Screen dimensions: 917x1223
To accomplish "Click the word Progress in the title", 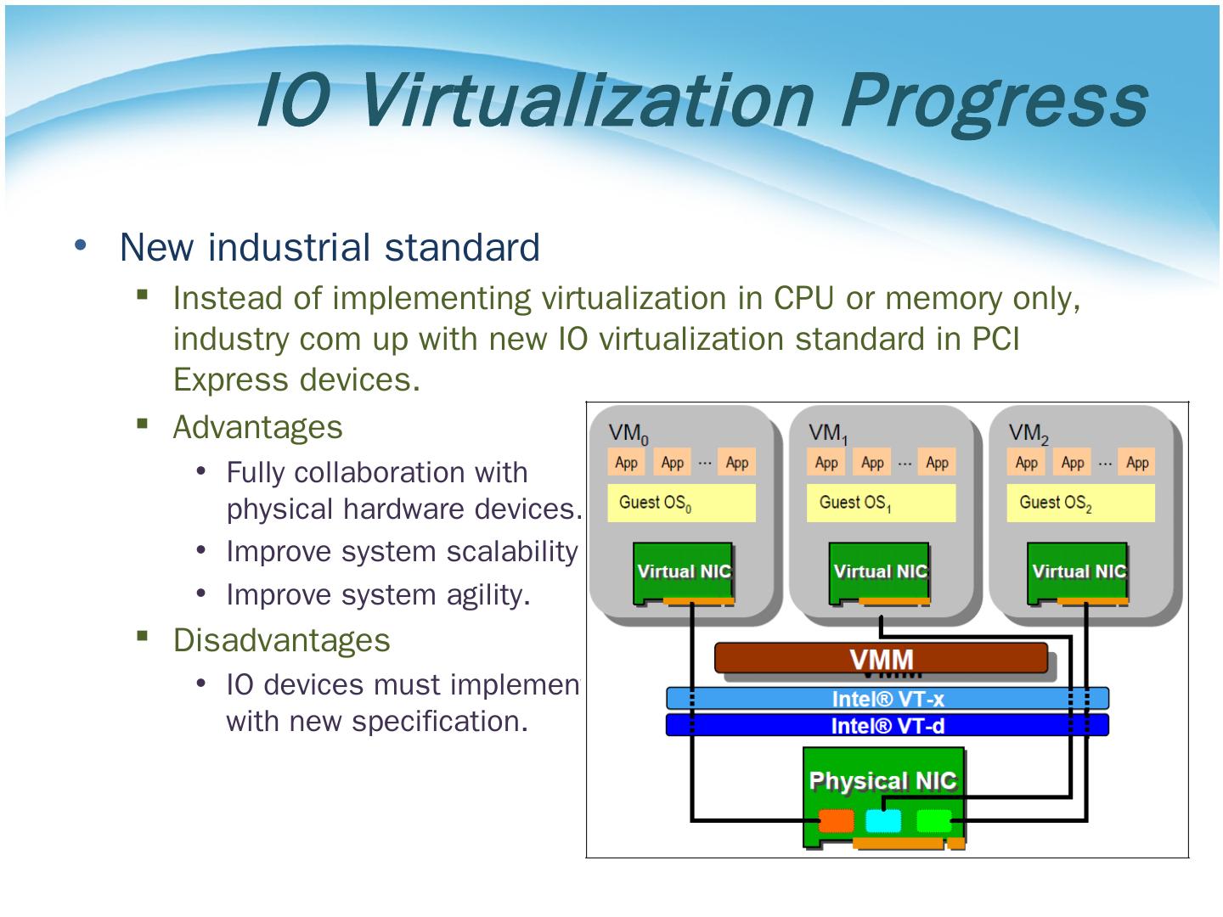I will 994,100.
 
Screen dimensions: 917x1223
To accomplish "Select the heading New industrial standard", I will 330,247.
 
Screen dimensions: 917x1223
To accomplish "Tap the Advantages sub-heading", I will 257,427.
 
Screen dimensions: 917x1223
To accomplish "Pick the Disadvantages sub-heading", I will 281,640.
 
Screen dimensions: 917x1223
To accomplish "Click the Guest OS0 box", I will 681,503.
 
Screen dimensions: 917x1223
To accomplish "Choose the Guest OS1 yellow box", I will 881,503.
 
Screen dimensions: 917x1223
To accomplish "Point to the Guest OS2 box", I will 1080,503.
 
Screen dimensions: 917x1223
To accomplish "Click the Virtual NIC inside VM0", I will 684,571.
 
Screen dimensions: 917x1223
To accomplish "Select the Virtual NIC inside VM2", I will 1078,571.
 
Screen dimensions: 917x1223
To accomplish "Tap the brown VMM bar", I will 881,658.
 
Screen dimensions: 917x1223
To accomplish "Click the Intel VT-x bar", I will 888,699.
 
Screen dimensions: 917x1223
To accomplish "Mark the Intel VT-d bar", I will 888,725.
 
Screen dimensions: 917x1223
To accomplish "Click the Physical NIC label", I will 882,780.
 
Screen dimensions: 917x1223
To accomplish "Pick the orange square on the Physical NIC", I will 836,821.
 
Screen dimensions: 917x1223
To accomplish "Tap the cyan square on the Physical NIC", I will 883,821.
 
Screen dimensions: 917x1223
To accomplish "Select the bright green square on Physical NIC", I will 933,821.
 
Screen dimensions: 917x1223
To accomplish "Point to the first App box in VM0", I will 626,463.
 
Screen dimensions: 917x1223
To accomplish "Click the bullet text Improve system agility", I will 378,595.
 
